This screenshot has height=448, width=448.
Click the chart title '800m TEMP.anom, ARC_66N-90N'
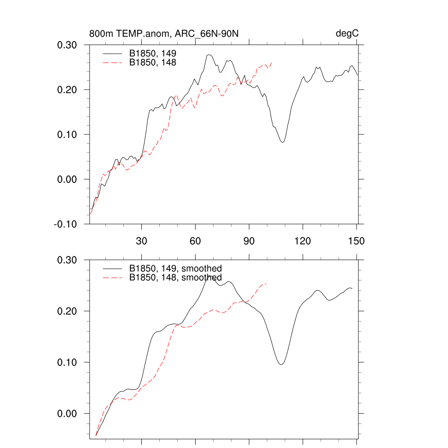click(164, 34)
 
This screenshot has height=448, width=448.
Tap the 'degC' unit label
click(347, 34)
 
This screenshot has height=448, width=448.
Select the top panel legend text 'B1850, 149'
click(153, 53)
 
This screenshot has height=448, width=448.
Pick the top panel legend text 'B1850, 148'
click(153, 63)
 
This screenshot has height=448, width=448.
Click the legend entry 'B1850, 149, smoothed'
click(175, 268)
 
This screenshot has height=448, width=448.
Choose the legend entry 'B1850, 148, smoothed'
click(175, 278)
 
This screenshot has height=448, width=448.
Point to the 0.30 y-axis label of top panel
click(67, 45)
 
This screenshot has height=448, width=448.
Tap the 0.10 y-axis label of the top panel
click(67, 134)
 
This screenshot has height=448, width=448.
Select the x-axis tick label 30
click(142, 241)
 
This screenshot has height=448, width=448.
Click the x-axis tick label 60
click(196, 241)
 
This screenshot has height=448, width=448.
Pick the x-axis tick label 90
click(249, 241)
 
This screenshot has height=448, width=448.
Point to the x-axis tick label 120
click(303, 241)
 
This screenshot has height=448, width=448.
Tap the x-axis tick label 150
click(357, 241)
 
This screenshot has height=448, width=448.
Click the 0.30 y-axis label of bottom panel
click(67, 260)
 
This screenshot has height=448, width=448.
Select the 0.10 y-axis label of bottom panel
click(67, 362)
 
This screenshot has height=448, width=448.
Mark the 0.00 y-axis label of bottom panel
click(67, 413)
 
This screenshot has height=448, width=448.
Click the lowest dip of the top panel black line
click(283, 142)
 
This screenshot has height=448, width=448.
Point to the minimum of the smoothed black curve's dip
click(281, 364)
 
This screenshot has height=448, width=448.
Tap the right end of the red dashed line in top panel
click(272, 63)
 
